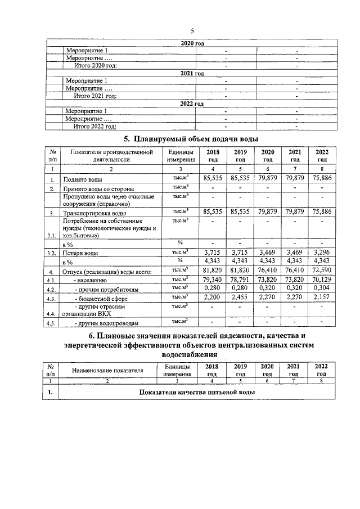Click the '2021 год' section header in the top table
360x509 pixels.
(192, 74)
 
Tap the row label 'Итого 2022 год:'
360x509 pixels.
(100, 126)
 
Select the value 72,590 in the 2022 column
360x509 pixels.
(322, 272)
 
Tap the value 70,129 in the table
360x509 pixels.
(322, 279)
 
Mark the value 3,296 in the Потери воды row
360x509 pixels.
(322, 254)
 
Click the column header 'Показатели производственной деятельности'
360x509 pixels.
(111, 156)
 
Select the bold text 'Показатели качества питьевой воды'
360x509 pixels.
(197, 391)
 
